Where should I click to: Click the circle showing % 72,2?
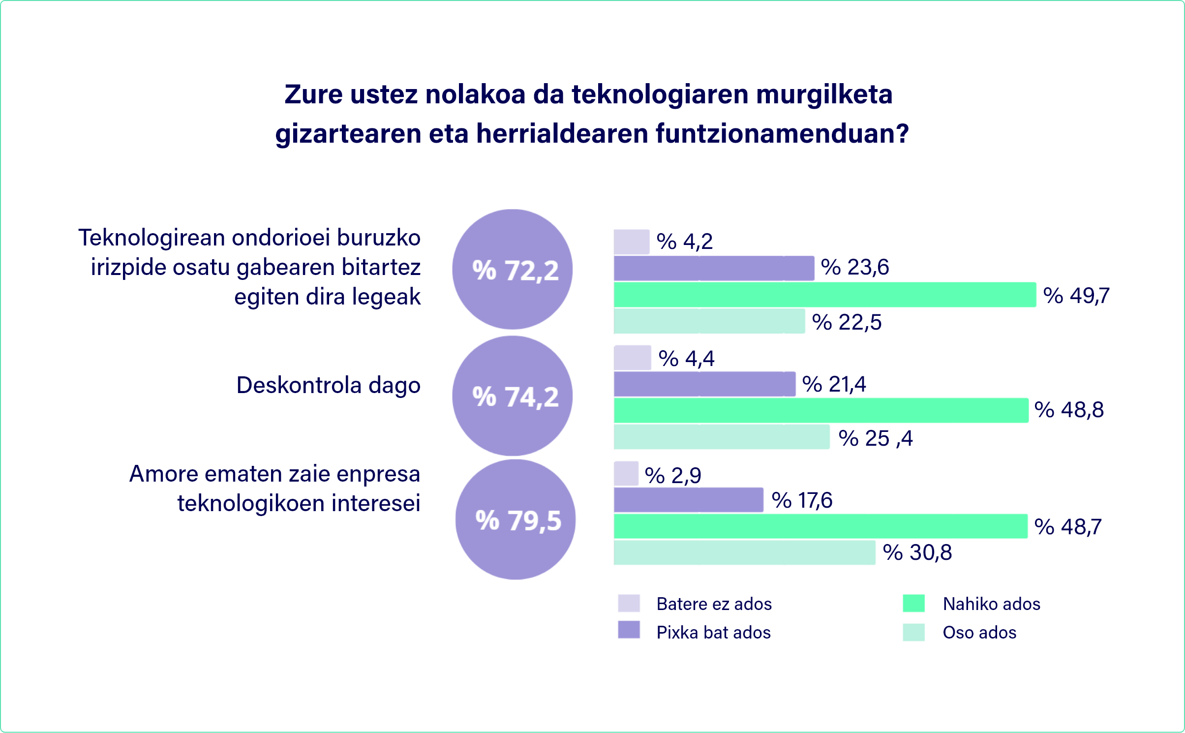[512, 270]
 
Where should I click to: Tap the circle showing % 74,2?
[512, 396]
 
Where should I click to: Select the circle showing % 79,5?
[515, 519]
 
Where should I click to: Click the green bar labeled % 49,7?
[824, 295]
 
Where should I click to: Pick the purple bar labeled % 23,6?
[713, 268]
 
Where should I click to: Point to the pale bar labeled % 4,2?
[631, 242]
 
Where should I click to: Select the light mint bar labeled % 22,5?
[709, 321]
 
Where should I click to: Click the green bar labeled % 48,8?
[820, 410]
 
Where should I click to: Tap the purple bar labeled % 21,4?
[704, 384]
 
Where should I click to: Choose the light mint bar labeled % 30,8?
[744, 552]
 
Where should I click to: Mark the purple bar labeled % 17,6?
[688, 500]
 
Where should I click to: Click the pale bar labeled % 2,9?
[626, 474]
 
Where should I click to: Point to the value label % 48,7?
[1068, 527]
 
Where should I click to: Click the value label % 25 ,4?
[876, 438]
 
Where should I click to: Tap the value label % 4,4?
[686, 359]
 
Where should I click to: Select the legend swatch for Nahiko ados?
[913, 604]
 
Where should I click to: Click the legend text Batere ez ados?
[714, 604]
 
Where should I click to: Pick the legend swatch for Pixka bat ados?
[629, 630]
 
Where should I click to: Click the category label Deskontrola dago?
[328, 385]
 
